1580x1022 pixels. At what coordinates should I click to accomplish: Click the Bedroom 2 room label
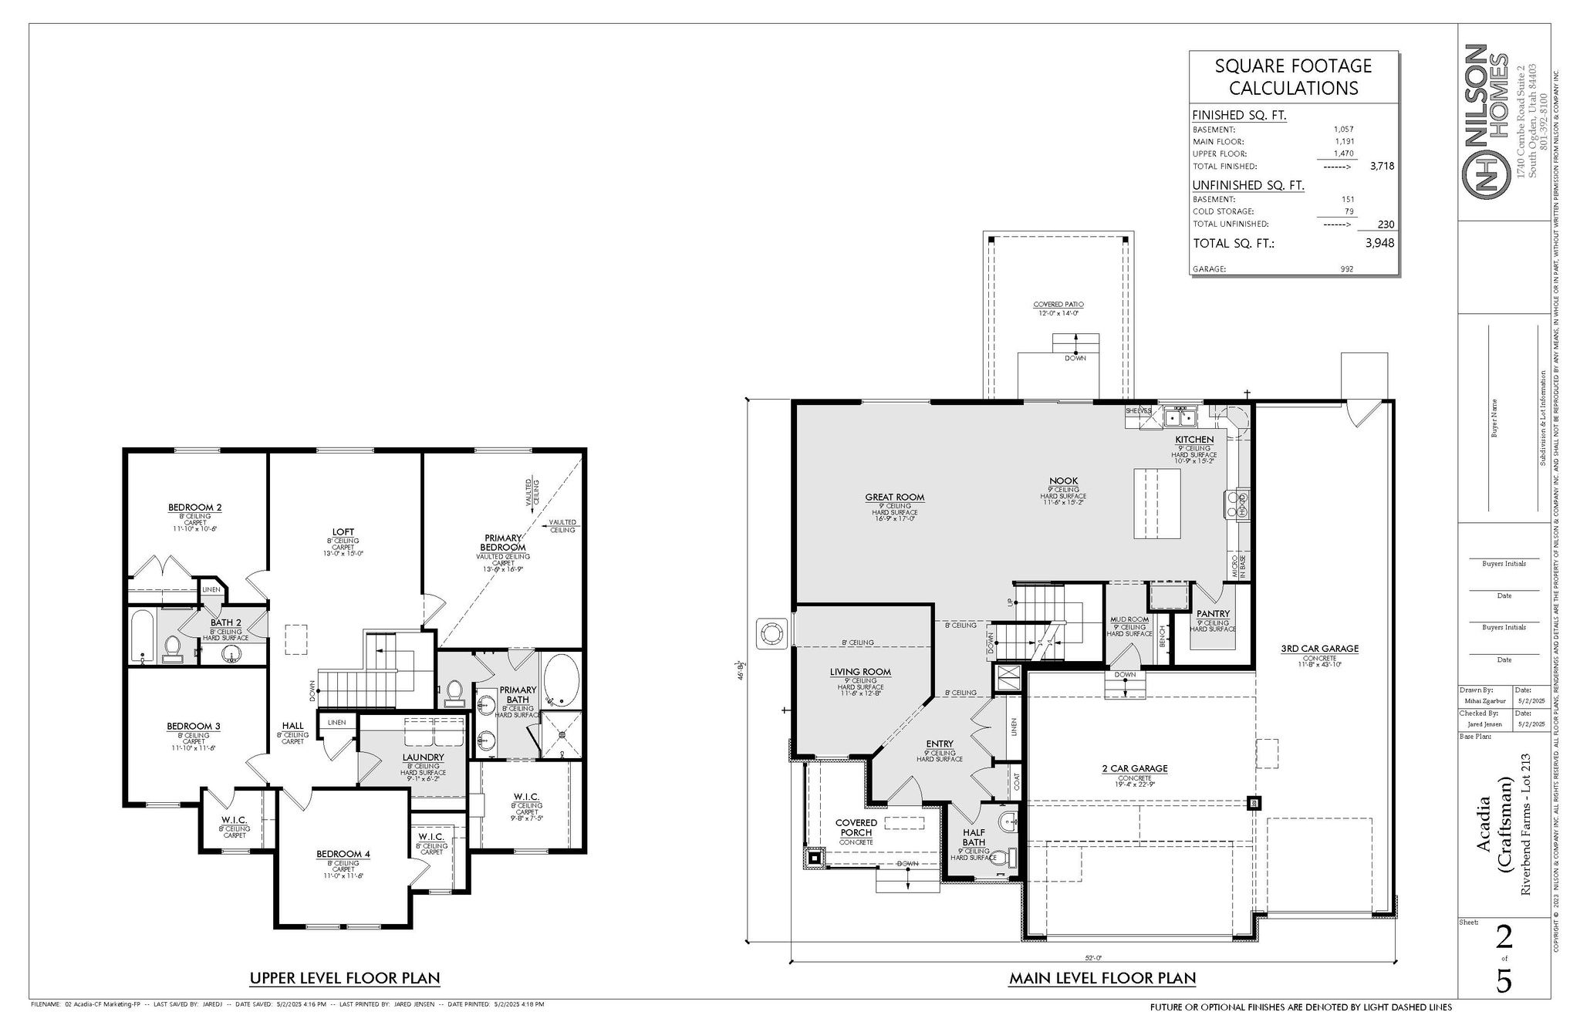[x=194, y=508]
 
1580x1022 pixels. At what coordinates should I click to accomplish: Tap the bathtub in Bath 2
[x=143, y=636]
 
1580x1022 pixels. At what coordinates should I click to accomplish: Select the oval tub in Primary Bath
[x=561, y=681]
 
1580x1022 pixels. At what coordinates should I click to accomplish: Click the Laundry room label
[x=423, y=757]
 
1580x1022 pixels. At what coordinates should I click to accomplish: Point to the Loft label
[x=343, y=532]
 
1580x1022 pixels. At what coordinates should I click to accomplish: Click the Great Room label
[x=894, y=498]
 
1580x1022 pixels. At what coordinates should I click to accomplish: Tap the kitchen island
[x=1156, y=503]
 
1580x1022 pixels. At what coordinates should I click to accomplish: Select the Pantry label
[x=1213, y=614]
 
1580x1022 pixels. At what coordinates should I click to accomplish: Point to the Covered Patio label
[x=1058, y=305]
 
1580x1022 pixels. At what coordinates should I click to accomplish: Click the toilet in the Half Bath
[x=1003, y=856]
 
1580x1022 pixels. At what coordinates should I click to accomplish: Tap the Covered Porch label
[x=856, y=828]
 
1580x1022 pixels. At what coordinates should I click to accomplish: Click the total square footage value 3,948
[x=1379, y=243]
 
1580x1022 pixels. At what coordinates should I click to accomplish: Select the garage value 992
[x=1347, y=269]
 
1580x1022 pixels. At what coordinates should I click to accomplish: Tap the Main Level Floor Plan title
[x=1102, y=979]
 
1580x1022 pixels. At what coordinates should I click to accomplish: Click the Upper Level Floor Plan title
[x=344, y=979]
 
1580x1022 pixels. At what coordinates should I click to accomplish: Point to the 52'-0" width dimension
[x=1093, y=958]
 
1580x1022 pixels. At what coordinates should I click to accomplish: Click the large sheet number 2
[x=1504, y=937]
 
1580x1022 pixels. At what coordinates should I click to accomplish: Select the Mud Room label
[x=1129, y=619]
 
